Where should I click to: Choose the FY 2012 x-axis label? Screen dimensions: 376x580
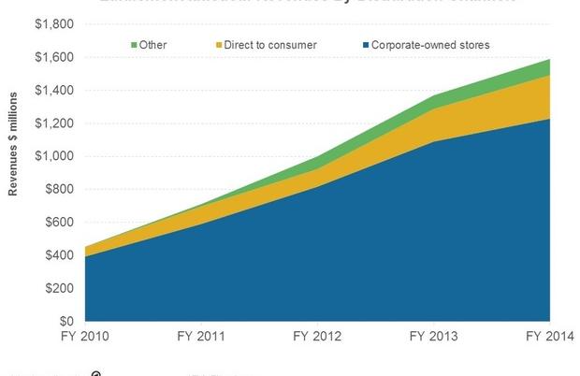coord(317,336)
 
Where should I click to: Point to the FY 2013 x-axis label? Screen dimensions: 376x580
coord(433,336)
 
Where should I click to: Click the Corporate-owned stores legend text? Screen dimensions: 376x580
coord(430,44)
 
